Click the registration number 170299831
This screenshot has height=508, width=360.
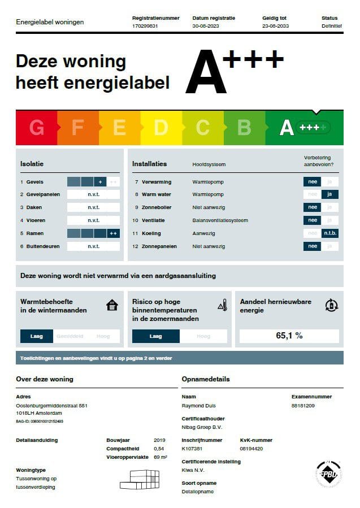coord(145,26)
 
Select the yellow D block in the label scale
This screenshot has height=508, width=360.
coord(161,128)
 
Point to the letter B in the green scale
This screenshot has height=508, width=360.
coord(244,128)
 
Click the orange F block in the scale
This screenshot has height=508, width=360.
coord(78,128)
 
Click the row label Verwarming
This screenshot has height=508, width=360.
coord(157,182)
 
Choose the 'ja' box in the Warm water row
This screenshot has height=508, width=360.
coord(329,194)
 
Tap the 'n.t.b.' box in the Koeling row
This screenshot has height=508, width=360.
coord(329,233)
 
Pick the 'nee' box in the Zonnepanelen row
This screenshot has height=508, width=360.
coord(312,246)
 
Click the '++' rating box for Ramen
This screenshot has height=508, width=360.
coord(113,233)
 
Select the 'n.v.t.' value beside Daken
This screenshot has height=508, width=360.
coord(93,207)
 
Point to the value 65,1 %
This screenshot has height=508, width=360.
coord(289,336)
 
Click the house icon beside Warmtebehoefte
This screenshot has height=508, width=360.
coord(112,306)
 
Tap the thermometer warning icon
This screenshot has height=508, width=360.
coord(222,306)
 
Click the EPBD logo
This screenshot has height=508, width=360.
coord(328,473)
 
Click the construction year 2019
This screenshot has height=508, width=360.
coord(160,440)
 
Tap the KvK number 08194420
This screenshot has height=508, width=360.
coord(251,449)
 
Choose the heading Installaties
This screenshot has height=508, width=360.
coord(150,164)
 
